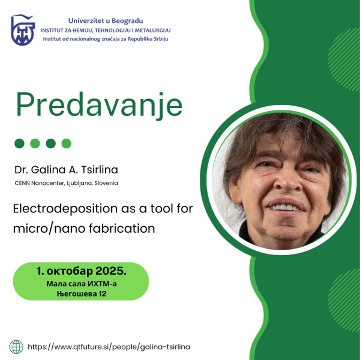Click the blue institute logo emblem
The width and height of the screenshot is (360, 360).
(23, 30)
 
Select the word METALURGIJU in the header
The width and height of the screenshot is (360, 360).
(152, 31)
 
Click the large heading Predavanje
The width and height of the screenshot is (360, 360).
(99, 105)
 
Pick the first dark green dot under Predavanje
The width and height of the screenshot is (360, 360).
(20, 143)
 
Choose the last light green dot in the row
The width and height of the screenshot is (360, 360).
(67, 143)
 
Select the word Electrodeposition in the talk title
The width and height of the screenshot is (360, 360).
(65, 209)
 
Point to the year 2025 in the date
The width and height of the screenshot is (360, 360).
(111, 271)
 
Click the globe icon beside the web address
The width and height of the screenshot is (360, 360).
(16, 347)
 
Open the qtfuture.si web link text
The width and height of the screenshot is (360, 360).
(109, 347)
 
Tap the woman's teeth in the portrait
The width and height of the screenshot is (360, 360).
(284, 208)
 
